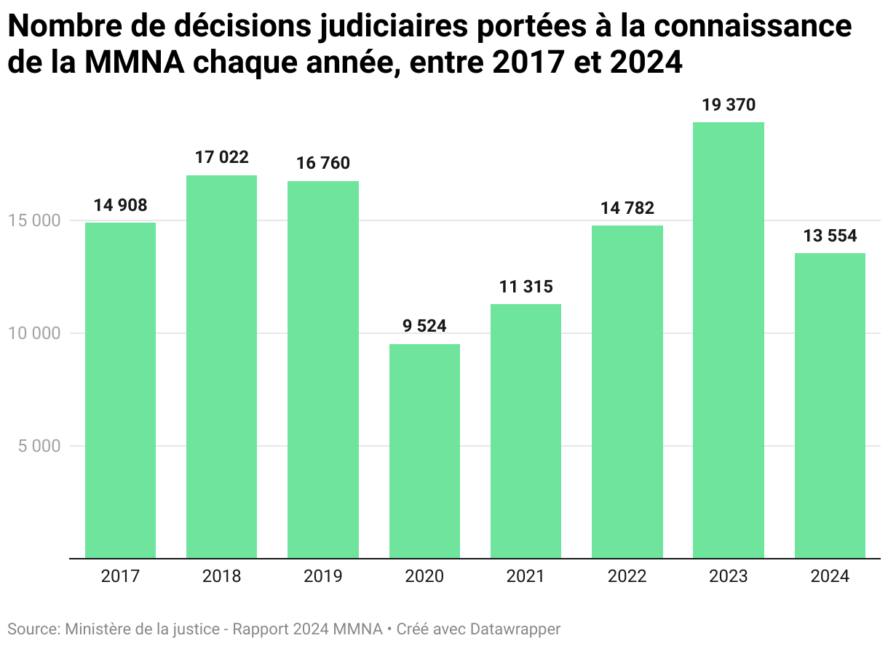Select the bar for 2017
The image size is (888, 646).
[x=120, y=390]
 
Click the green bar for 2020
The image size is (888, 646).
[x=424, y=451]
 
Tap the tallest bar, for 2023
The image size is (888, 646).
[x=728, y=340]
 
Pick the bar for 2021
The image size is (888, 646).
[x=526, y=431]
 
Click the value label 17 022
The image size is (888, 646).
[x=221, y=157]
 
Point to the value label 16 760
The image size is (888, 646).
[x=322, y=163]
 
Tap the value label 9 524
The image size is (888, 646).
[x=424, y=326]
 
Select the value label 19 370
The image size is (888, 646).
[x=728, y=105]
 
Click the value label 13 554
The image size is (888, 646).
[x=830, y=236]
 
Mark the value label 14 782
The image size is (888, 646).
[x=627, y=208]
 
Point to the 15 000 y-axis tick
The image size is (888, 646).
[x=35, y=220]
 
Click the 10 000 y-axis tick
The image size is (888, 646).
[x=35, y=333]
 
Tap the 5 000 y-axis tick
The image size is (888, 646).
[x=39, y=446]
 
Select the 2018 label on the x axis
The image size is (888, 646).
[x=221, y=577]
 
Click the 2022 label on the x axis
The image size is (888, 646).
[x=627, y=577]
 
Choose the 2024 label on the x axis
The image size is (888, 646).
[x=830, y=577]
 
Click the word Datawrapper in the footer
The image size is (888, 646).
[x=515, y=629]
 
